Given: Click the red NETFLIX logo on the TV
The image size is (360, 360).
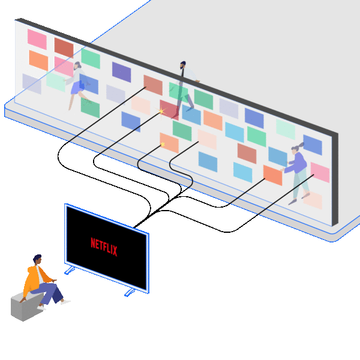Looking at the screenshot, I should pyautogui.click(x=104, y=245).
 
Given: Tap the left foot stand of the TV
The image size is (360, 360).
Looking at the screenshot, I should pyautogui.click(x=70, y=271).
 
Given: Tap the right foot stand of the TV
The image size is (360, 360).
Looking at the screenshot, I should pyautogui.click(x=130, y=292).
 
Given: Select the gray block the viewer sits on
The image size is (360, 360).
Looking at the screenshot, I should pyautogui.click(x=25, y=307).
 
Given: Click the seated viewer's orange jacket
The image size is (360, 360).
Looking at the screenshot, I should pyautogui.click(x=35, y=279).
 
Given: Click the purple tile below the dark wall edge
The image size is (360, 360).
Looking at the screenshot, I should pyautogui.click(x=121, y=72).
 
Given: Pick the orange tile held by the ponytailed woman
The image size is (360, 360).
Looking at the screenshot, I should pyautogui.click(x=272, y=175).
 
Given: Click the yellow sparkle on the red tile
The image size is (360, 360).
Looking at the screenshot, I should pyautogui.click(x=161, y=112).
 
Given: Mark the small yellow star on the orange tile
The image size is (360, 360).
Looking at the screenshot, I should pyautogui.click(x=162, y=144).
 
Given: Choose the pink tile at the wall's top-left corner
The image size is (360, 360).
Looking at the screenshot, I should pyautogui.click(x=37, y=39).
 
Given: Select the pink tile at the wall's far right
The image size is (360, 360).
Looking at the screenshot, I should pyautogui.click(x=320, y=172).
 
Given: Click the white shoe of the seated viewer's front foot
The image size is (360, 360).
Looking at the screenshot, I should pyautogui.click(x=65, y=302).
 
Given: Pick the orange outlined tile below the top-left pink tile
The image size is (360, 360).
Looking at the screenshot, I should pyautogui.click(x=38, y=60).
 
